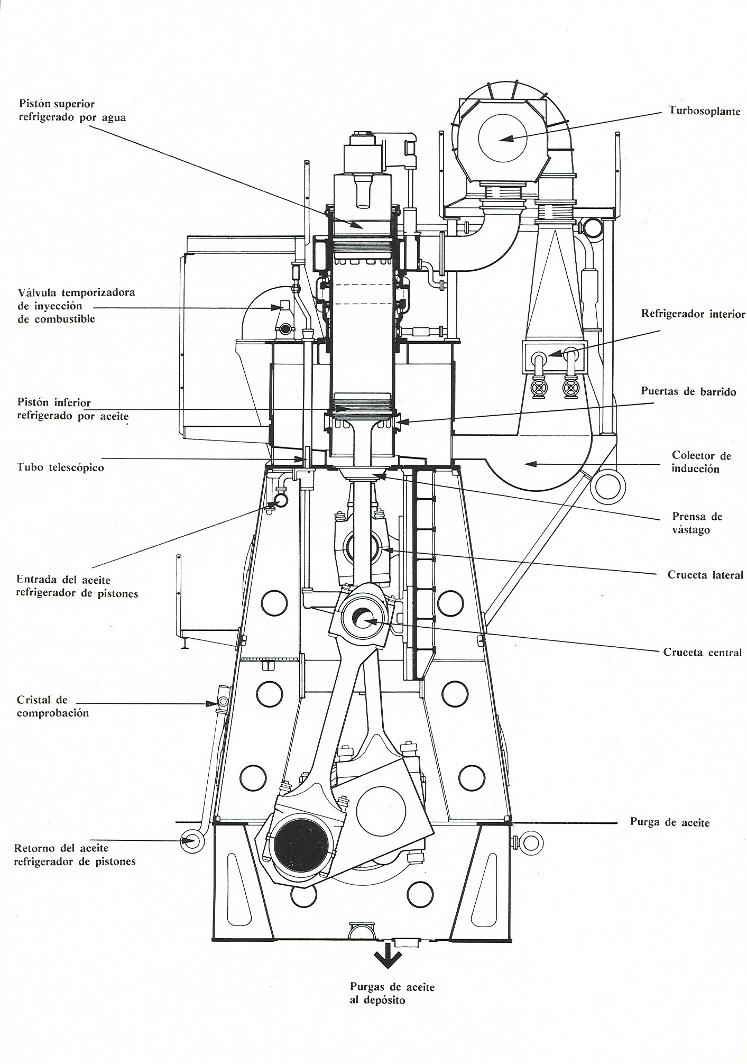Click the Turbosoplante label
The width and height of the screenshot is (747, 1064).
click(704, 111)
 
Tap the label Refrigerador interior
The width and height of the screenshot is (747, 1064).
click(693, 314)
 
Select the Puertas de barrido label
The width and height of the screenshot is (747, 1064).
click(688, 391)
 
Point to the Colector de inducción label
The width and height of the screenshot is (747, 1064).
click(701, 462)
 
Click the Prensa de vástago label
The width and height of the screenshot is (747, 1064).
click(697, 523)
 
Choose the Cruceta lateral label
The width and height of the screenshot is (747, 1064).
click(705, 575)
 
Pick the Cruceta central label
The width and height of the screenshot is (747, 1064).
click(703, 653)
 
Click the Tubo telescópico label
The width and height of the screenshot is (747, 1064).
click(60, 467)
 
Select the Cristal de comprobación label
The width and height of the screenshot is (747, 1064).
click(52, 706)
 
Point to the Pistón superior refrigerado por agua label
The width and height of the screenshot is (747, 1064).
click(72, 111)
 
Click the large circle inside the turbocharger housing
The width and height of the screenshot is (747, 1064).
click(502, 138)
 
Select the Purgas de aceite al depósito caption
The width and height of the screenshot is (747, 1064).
click(392, 993)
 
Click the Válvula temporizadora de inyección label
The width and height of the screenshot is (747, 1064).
click(76, 306)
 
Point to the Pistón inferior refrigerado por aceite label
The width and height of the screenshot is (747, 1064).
click(73, 409)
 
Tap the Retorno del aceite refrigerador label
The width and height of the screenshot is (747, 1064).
click(75, 855)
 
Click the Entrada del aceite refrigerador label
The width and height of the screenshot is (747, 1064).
click(77, 586)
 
